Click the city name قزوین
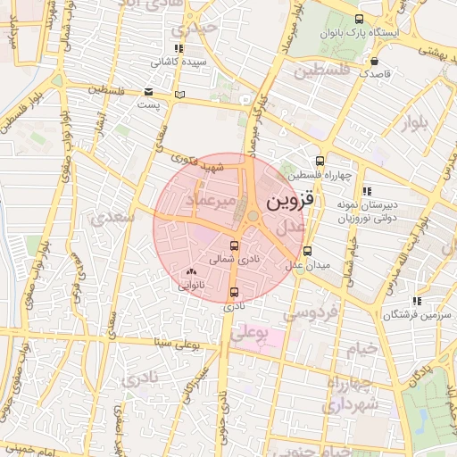pyautogui.click(x=291, y=201)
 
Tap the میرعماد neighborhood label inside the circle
pyautogui.click(x=212, y=204)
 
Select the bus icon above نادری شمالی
pyautogui.click(x=235, y=245)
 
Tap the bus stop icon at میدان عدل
pyautogui.click(x=308, y=252)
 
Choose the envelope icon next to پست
pyautogui.click(x=147, y=91)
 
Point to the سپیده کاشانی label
pyautogui.click(x=179, y=62)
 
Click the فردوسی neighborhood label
pyautogui.click(x=311, y=313)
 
